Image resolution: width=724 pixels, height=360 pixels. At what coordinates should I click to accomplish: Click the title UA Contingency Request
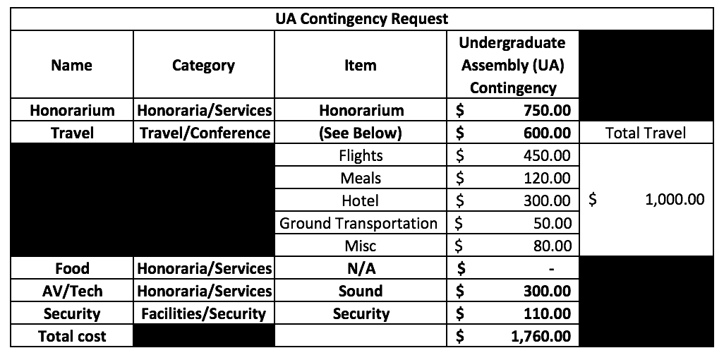(x=361, y=19)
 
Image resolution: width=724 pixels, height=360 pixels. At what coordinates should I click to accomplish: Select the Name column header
(x=71, y=65)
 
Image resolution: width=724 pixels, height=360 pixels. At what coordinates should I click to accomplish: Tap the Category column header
(x=203, y=65)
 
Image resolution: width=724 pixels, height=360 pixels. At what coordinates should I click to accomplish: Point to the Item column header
(x=360, y=65)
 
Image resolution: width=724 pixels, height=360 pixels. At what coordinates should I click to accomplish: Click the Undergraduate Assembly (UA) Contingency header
(x=512, y=65)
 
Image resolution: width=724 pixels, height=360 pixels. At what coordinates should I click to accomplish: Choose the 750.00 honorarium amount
(x=547, y=110)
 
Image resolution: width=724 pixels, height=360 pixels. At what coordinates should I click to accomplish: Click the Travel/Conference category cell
(x=205, y=133)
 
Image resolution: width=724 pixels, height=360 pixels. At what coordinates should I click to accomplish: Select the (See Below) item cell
(x=361, y=133)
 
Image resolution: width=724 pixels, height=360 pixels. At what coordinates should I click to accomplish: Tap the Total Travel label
(x=646, y=133)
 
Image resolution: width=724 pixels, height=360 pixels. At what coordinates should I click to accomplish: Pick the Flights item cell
(x=361, y=155)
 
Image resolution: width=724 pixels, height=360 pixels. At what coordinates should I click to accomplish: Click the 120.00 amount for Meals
(x=548, y=178)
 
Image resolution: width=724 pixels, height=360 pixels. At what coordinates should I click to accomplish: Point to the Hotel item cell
(x=360, y=200)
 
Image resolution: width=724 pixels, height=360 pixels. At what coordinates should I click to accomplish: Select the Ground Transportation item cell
(x=358, y=223)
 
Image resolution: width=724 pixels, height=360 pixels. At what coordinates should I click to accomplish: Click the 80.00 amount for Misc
(x=552, y=246)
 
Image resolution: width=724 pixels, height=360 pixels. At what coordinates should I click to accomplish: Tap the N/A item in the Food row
(x=361, y=268)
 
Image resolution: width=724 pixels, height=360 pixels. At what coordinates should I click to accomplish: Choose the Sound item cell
(x=361, y=291)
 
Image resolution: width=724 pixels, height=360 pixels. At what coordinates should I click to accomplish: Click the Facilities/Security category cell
(x=204, y=313)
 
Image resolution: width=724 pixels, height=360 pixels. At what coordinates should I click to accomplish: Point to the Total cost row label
(x=72, y=336)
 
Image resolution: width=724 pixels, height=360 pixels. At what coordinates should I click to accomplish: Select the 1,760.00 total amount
(x=541, y=336)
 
